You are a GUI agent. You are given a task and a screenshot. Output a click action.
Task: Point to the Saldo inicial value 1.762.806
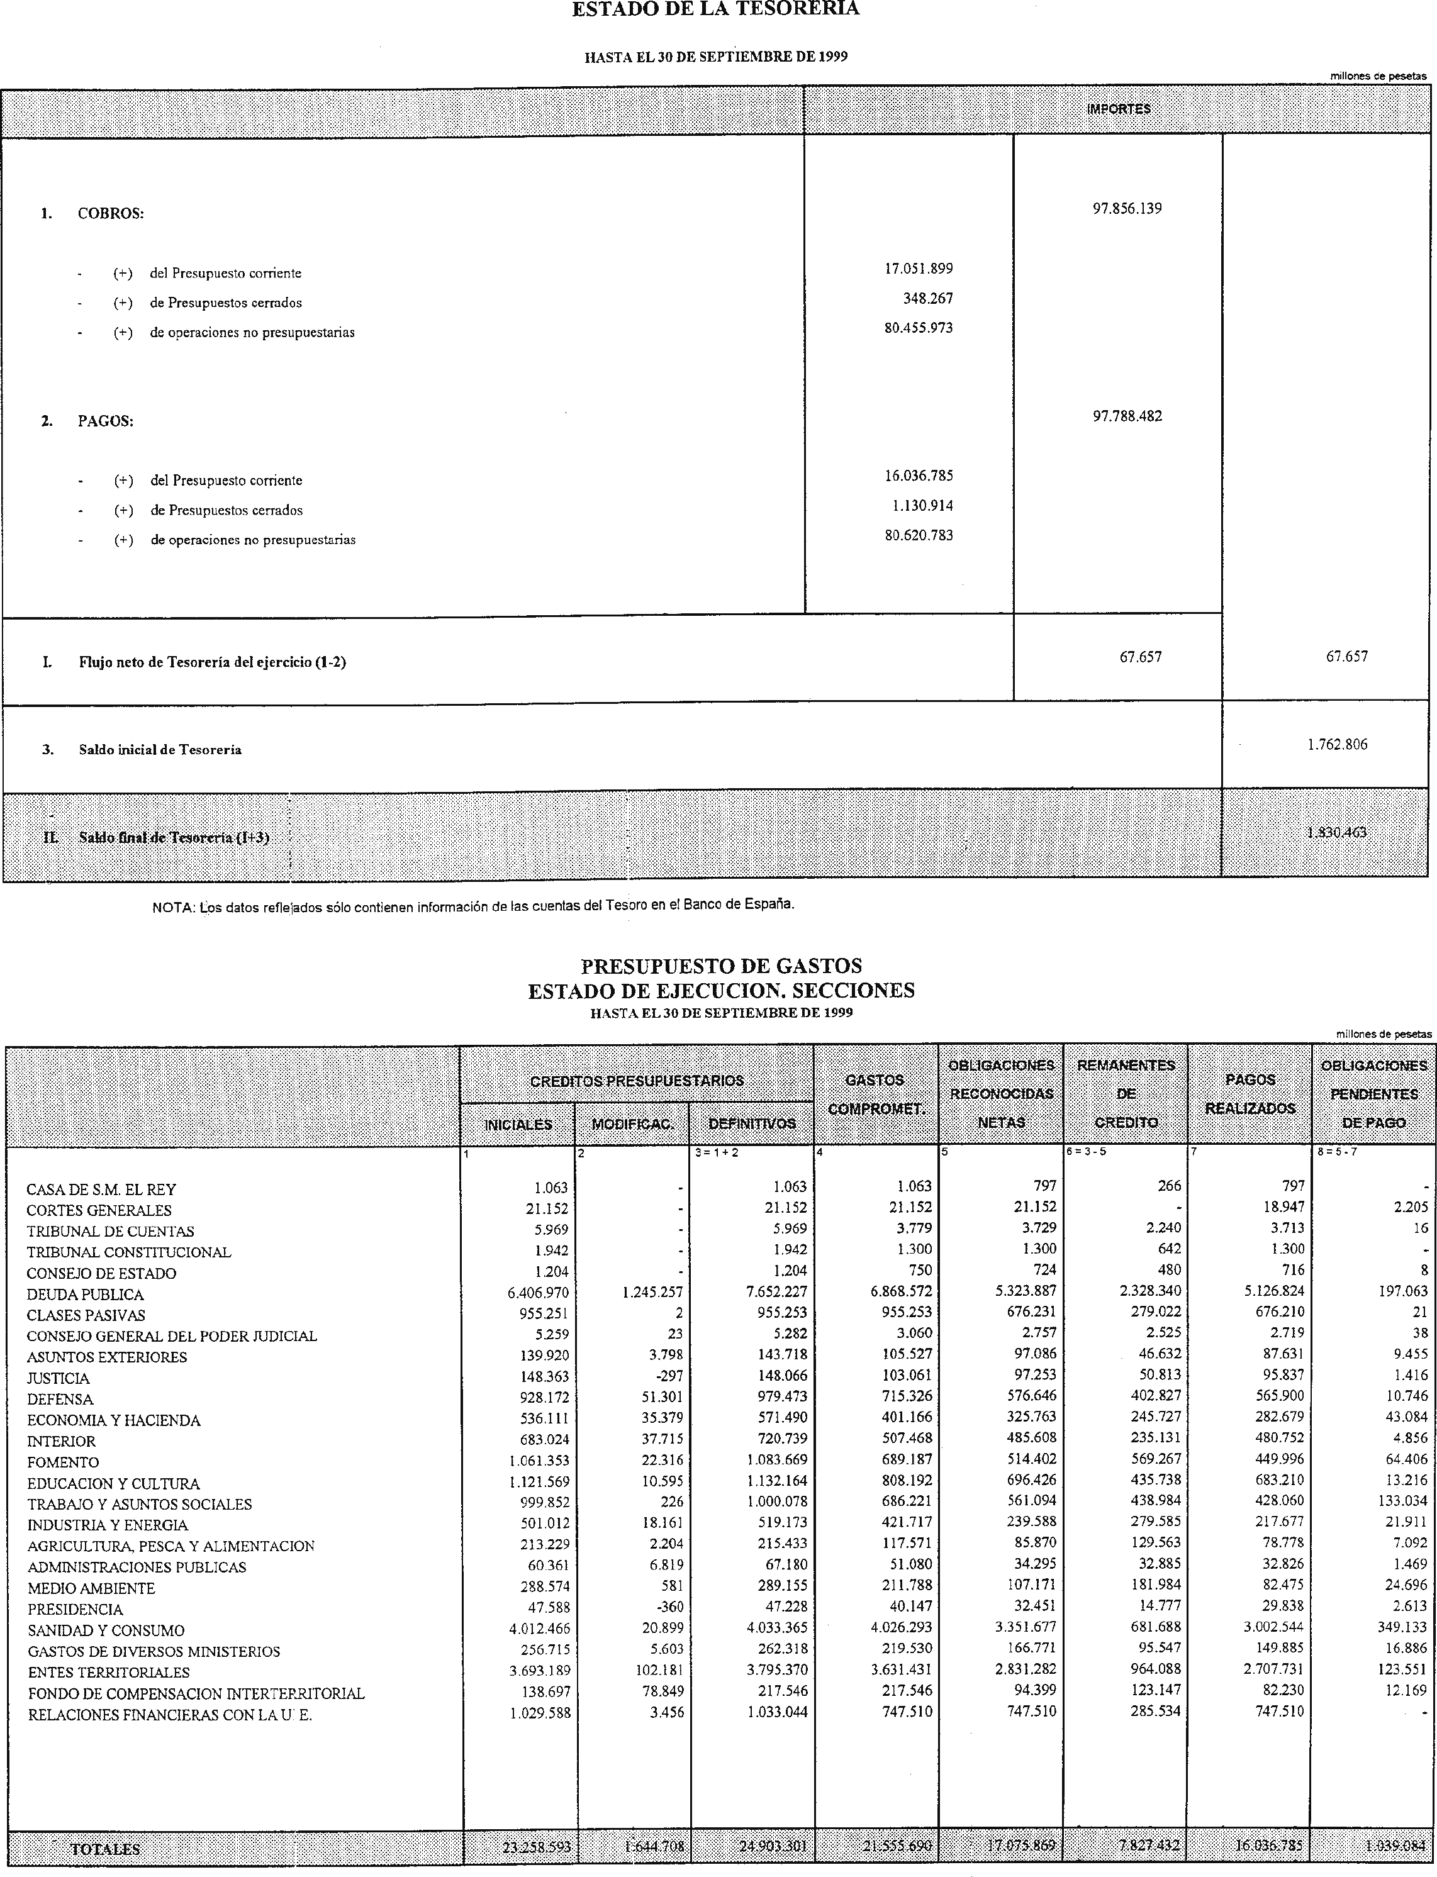click(x=1337, y=744)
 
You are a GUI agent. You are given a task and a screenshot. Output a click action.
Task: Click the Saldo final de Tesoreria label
click(x=174, y=837)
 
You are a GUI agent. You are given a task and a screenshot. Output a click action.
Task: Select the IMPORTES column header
click(x=1118, y=109)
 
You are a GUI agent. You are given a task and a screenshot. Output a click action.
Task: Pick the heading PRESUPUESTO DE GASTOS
click(x=721, y=966)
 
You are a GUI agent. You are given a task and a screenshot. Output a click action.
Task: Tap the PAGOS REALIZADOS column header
click(x=1250, y=1094)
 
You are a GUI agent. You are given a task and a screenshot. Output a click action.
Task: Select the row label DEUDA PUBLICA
click(x=85, y=1295)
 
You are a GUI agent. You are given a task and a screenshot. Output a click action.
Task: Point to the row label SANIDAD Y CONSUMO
click(x=106, y=1630)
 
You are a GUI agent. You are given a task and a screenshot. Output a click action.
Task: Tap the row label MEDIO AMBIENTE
click(x=91, y=1588)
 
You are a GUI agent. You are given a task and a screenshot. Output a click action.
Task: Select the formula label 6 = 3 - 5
click(x=1087, y=1152)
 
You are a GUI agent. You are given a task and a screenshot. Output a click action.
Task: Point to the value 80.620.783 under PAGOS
click(x=919, y=535)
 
